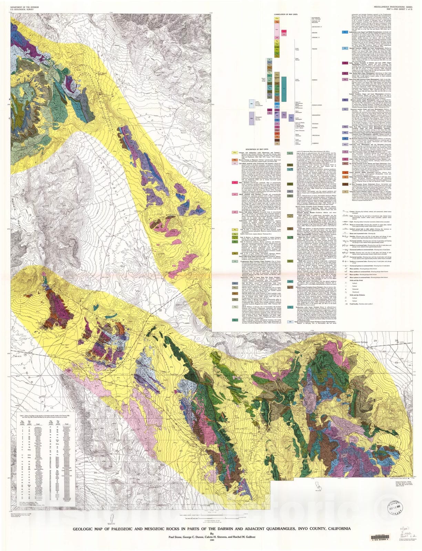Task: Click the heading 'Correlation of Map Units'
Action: pos(286,14)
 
